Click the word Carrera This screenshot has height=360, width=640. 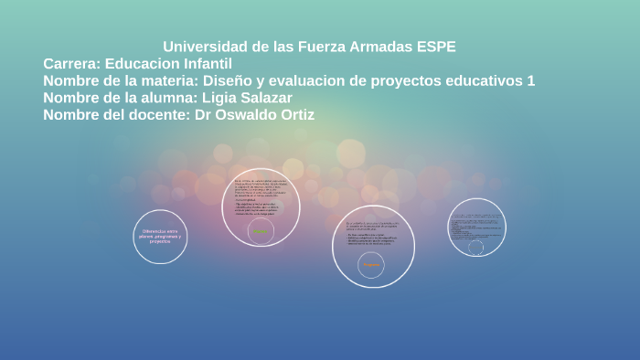click(71, 64)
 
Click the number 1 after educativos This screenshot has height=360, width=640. click(531, 81)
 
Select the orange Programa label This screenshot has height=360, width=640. click(371, 265)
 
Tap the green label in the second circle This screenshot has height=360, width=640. click(261, 232)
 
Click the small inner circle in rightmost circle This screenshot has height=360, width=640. click(476, 248)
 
